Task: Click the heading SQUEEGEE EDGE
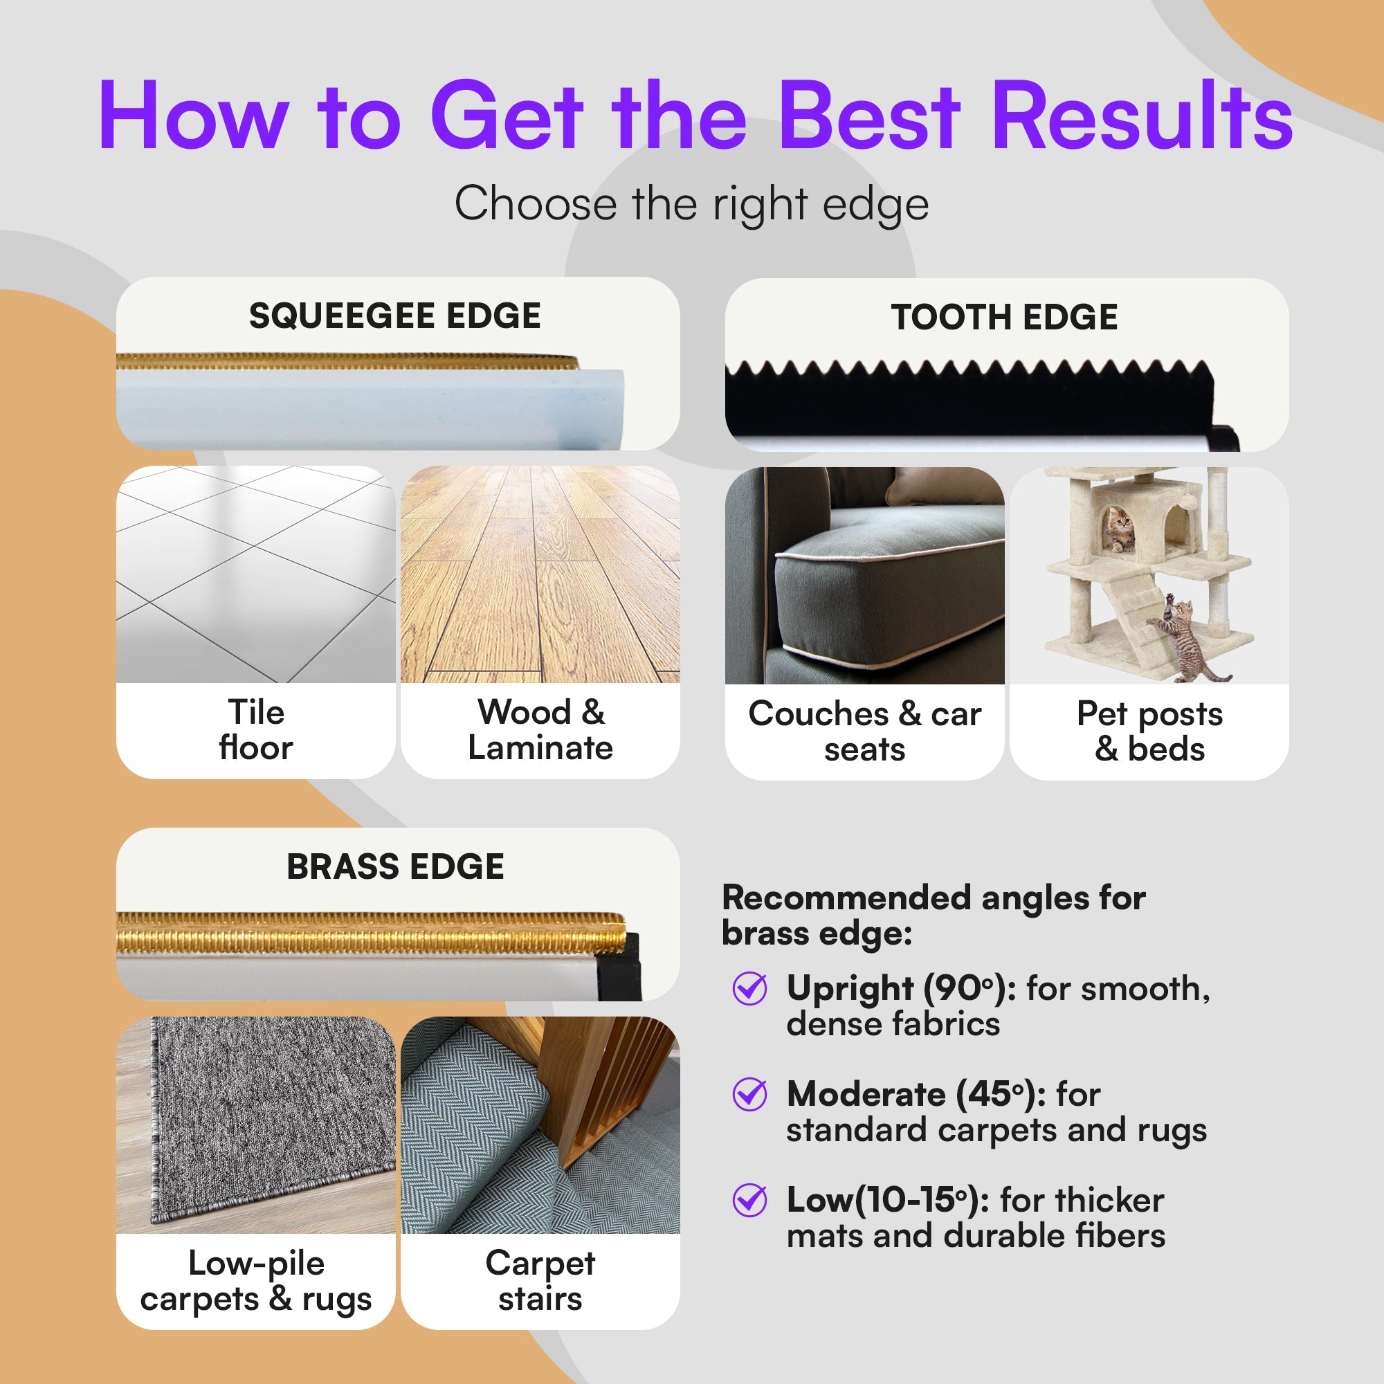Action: [x=394, y=316]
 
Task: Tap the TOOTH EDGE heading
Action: [x=1004, y=318]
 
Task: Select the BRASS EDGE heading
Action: [x=395, y=867]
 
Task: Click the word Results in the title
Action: [x=1142, y=116]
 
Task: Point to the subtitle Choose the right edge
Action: [x=692, y=204]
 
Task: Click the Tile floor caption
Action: [x=256, y=730]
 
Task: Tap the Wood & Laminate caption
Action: [x=541, y=730]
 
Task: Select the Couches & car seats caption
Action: [x=864, y=731]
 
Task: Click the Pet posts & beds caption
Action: [x=1149, y=731]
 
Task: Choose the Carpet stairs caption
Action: [x=541, y=1280]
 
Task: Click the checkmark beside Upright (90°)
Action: [x=750, y=989]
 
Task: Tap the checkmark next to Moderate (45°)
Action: [x=750, y=1094]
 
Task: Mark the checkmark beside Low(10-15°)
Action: [x=750, y=1200]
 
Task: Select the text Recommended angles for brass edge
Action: [x=934, y=916]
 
